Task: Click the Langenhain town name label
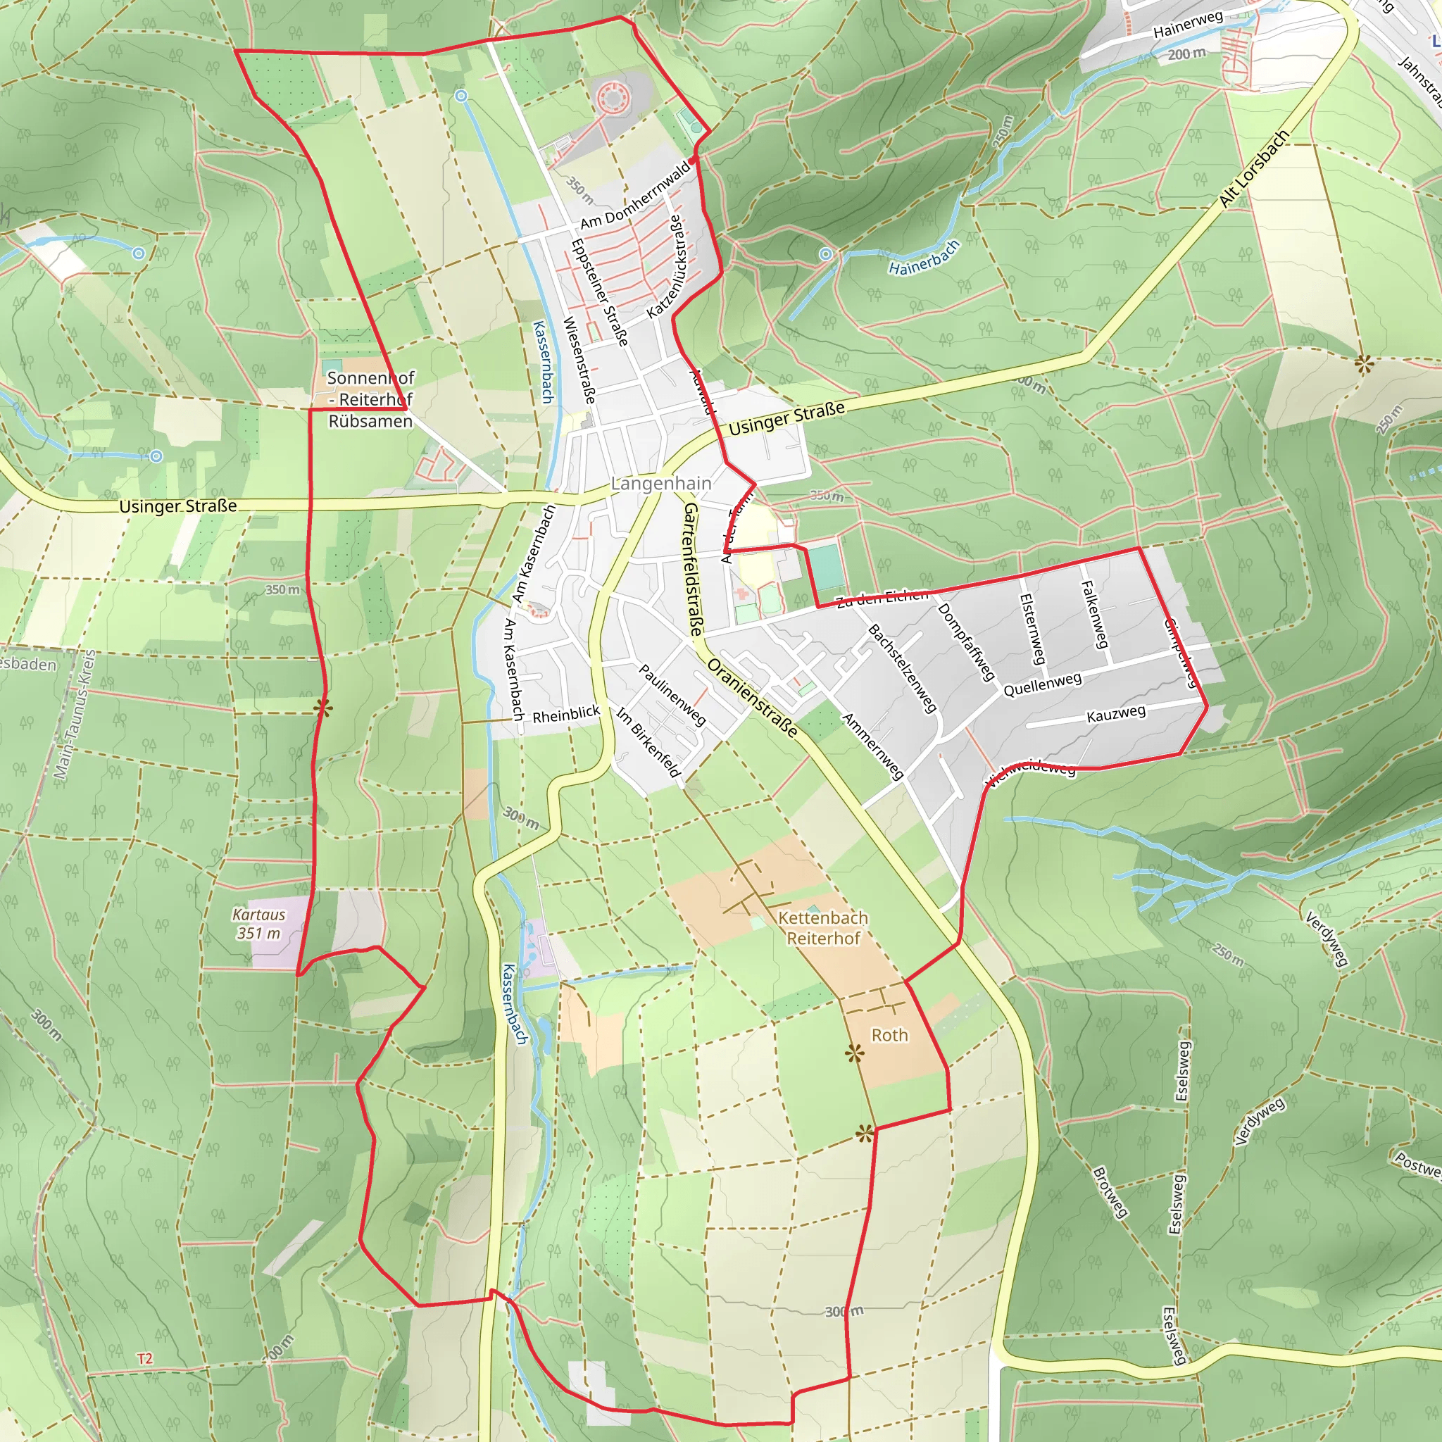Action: coord(660,484)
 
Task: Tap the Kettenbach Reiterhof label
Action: coord(822,928)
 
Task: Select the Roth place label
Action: coord(890,1035)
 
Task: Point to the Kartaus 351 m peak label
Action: coord(259,924)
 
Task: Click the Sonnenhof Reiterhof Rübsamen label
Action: coord(370,399)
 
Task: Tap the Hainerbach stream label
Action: coord(924,258)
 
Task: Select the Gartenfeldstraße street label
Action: coord(692,569)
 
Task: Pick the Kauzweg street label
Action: coord(1116,714)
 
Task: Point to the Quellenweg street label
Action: coord(1042,684)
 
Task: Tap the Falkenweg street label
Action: coord(1093,614)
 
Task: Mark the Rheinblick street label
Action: coord(566,714)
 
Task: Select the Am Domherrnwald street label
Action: coord(635,196)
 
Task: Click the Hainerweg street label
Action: coord(1188,25)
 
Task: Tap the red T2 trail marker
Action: coord(145,1359)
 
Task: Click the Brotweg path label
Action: coord(1109,1193)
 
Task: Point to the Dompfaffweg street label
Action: coord(967,641)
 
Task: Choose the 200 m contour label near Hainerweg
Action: coord(1186,54)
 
